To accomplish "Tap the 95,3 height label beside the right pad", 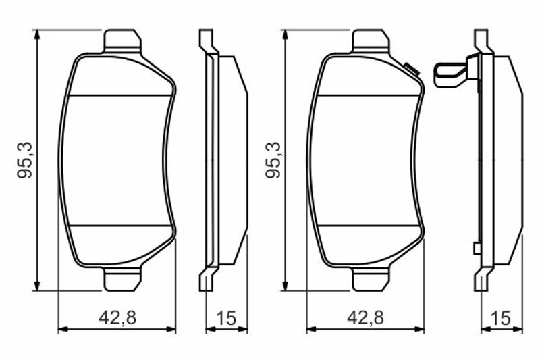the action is [x=273, y=160].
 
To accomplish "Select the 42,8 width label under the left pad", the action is [x=117, y=317].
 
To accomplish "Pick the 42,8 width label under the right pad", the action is [x=365, y=317].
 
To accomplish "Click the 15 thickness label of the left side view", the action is [x=227, y=317].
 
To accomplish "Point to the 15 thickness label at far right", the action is [x=502, y=317].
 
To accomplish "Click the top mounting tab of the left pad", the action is [x=122, y=41].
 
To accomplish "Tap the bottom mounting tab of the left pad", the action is [x=122, y=278].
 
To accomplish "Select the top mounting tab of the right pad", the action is [x=371, y=41].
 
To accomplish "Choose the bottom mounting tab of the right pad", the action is [x=371, y=278].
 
